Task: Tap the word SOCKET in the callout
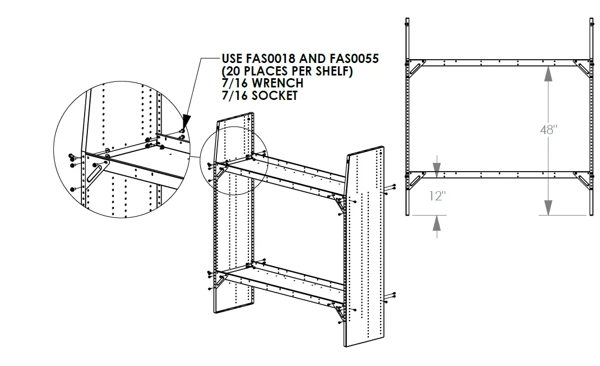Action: click(273, 96)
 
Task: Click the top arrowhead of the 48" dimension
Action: click(548, 73)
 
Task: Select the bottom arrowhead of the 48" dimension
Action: click(548, 207)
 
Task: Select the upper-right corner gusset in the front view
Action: click(583, 68)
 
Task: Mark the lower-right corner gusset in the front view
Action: click(583, 180)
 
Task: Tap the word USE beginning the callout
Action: click(232, 59)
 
